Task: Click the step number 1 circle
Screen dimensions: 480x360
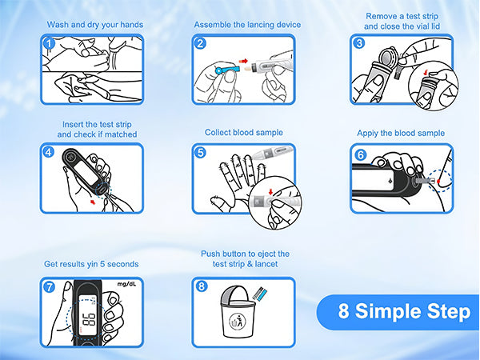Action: (49, 43)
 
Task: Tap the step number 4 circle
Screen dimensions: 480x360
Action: (48, 152)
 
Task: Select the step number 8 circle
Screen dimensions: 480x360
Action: (201, 286)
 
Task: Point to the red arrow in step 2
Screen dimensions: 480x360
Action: (243, 61)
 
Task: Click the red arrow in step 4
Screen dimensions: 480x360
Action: (93, 201)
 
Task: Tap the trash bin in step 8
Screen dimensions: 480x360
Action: (238, 312)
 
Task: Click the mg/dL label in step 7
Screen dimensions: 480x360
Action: (126, 284)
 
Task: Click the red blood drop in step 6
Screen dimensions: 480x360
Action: (438, 182)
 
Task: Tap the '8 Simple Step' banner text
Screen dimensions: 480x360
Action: (404, 311)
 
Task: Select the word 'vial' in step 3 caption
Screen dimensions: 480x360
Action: (423, 26)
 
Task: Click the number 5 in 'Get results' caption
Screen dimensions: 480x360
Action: (102, 264)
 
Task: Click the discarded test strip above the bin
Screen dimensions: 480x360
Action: (260, 294)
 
